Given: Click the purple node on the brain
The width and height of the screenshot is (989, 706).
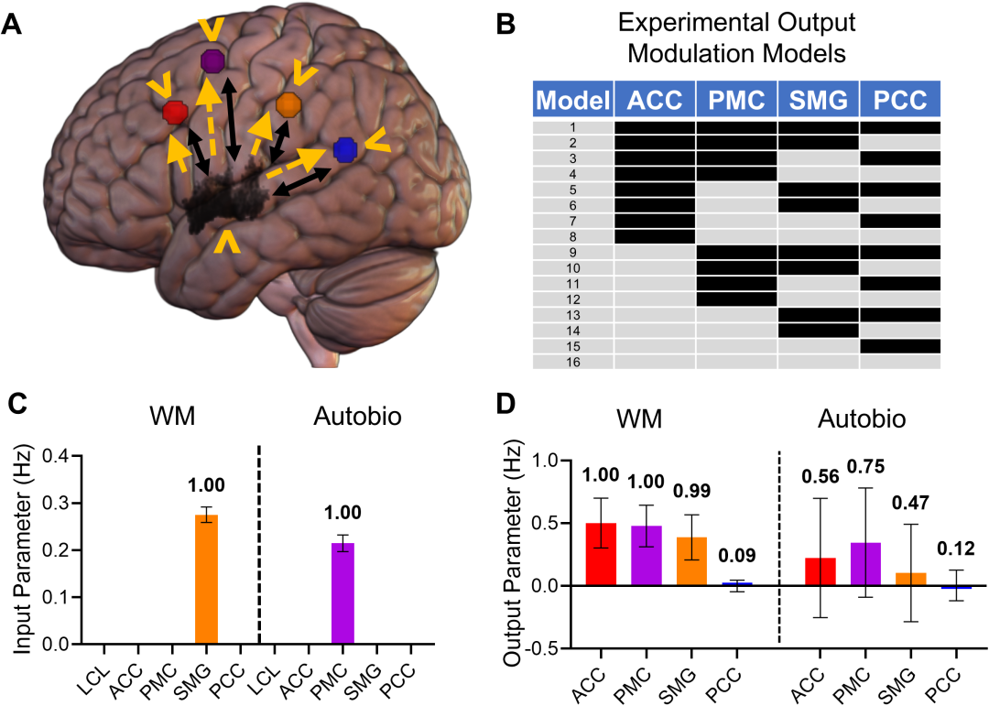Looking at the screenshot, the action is [212, 61].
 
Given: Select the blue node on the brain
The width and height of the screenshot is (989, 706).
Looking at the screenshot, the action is [345, 149].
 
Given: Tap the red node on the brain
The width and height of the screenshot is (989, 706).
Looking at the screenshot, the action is [175, 113].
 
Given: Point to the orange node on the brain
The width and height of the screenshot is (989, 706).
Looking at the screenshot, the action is [288, 104].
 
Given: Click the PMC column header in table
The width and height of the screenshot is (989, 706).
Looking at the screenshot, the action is [736, 99].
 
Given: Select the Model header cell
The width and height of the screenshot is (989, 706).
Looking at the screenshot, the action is [573, 99].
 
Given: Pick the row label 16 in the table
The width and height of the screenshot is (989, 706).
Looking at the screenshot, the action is [573, 362].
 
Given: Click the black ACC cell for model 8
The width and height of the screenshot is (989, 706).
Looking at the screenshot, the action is [655, 236].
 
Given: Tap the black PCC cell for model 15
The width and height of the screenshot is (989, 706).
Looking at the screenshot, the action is [900, 346].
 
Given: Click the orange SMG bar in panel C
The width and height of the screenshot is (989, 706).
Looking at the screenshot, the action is [206, 580].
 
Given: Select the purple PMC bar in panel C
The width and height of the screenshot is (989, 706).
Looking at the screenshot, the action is [343, 593].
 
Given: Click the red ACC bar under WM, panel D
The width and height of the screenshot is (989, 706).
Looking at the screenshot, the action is [601, 554].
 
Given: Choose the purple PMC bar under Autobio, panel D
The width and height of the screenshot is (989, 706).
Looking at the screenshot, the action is [866, 564].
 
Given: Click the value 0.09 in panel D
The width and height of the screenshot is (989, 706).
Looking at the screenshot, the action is [737, 555].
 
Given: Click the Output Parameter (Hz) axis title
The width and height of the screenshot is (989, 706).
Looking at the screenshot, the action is [512, 553].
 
